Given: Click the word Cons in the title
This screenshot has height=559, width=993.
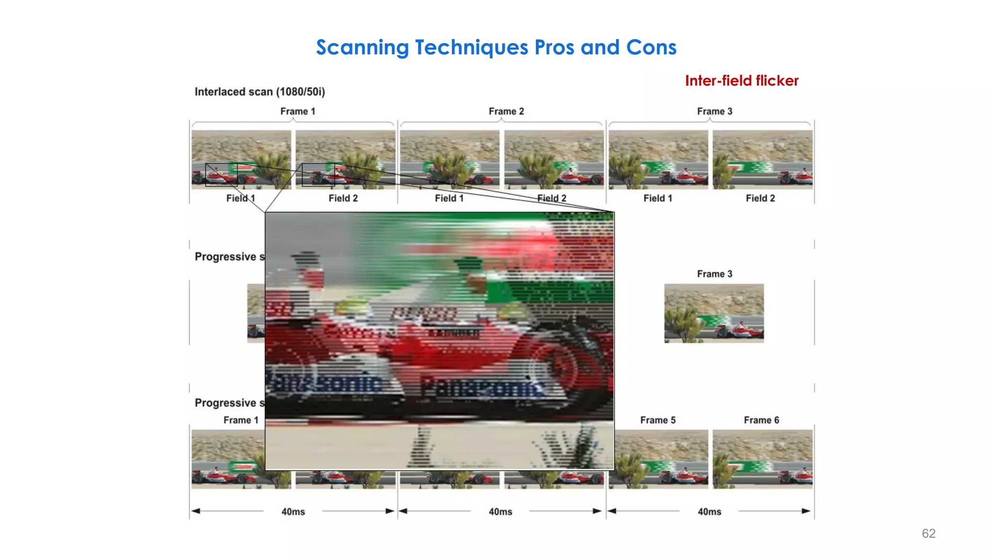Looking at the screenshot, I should coord(651,48).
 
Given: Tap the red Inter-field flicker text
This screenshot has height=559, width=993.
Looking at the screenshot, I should coord(741,81).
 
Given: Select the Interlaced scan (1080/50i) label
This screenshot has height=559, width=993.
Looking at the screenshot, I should coord(260,92).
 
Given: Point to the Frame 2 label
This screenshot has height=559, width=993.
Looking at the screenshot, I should coord(506,111).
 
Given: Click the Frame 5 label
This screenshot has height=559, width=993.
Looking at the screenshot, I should coord(657,420).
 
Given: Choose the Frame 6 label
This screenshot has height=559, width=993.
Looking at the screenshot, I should coord(761,420).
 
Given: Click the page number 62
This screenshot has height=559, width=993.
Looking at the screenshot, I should coord(929,533).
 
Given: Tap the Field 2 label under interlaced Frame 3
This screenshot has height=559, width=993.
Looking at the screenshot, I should coord(760,198).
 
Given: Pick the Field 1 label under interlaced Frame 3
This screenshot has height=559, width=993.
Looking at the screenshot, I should coord(657,198).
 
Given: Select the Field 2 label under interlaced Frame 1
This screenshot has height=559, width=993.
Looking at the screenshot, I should coord(343,198).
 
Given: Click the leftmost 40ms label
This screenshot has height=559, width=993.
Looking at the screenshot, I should coord(293,511).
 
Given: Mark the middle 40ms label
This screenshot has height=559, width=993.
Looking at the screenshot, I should coord(500,511).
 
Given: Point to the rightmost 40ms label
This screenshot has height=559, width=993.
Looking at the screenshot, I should coord(709,511).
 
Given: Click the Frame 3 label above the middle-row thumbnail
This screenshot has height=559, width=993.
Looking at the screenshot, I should coord(715,274).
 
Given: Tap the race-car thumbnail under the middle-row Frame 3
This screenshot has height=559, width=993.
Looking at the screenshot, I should coord(714,313).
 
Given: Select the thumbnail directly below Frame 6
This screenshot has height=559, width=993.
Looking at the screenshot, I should coord(762,459).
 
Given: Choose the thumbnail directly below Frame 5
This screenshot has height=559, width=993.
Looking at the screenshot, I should coord(658,459).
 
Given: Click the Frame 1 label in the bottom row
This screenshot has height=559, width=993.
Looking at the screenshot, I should coord(241,420).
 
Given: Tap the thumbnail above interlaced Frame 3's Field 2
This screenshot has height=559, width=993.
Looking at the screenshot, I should coord(762,159).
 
